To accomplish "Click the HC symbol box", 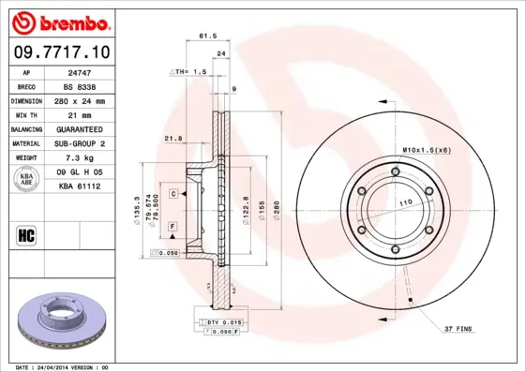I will pyautogui.click(x=27, y=234).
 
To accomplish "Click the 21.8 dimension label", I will pyautogui.click(x=173, y=138).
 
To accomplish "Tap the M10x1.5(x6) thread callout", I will pyautogui.click(x=427, y=150).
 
